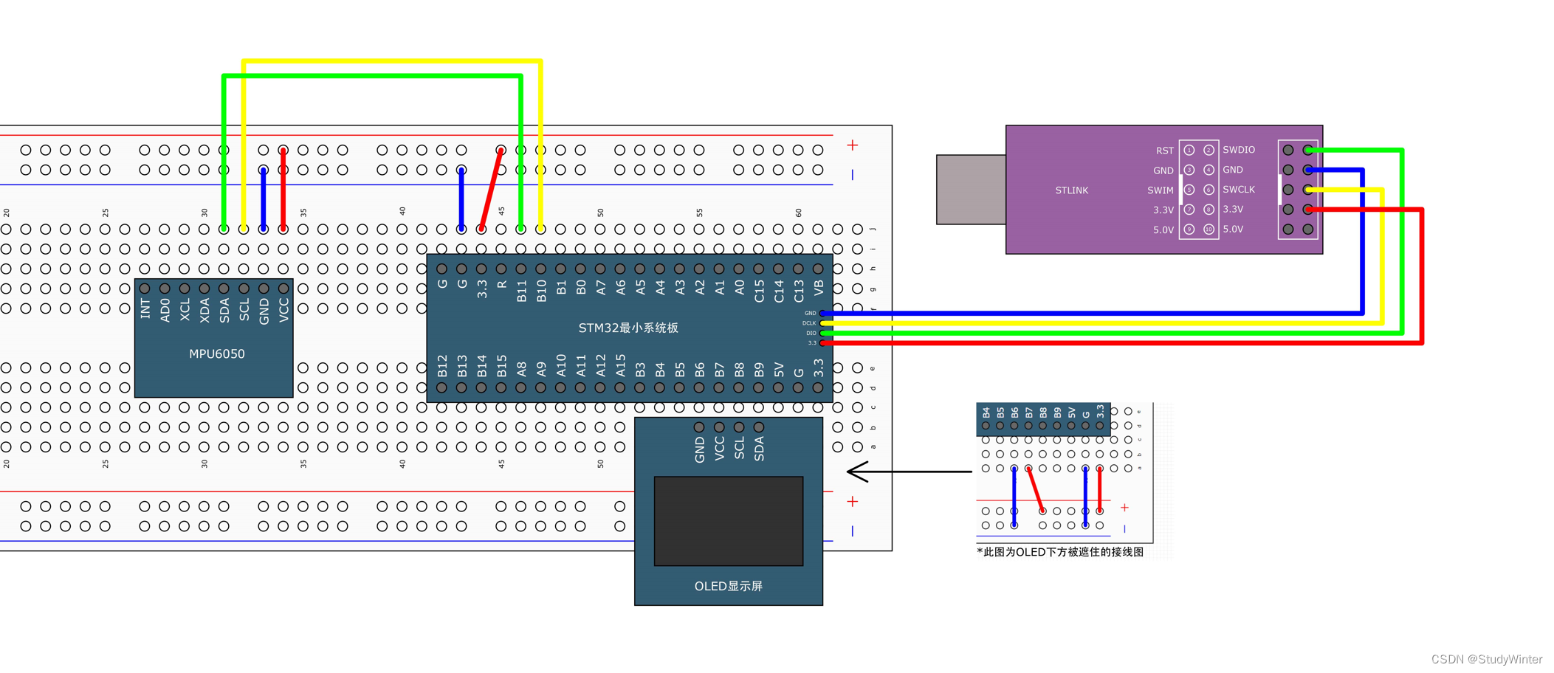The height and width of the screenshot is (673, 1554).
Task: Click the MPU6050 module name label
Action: tap(216, 354)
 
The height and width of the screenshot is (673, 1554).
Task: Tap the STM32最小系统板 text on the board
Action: tap(628, 328)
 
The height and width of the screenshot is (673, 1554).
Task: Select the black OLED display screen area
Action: tap(728, 521)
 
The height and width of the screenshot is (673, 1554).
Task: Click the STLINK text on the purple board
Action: tap(1071, 190)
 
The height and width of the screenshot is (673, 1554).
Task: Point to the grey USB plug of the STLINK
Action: tap(970, 190)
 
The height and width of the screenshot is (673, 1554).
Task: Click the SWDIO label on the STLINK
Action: tap(1238, 150)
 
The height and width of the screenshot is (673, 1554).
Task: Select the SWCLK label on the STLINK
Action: tap(1238, 190)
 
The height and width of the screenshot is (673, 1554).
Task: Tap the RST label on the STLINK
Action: tap(1164, 151)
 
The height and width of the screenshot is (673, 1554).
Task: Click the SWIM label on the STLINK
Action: tap(1160, 190)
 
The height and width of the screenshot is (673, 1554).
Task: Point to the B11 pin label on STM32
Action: tap(521, 291)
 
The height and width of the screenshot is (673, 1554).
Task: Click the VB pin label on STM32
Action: tap(818, 288)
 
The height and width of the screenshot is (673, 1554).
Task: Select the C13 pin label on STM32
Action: tap(798, 291)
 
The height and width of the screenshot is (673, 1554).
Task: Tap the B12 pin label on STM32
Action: tap(442, 366)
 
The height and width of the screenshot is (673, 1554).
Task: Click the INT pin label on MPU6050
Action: tap(145, 308)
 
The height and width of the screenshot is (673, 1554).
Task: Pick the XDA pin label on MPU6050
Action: tap(204, 309)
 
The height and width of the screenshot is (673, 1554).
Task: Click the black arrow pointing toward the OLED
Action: tap(908, 471)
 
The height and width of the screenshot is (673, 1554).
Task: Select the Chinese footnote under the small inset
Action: tap(1059, 552)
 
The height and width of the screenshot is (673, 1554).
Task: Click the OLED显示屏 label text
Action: tap(728, 586)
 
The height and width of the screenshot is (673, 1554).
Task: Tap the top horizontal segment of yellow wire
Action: tap(391, 61)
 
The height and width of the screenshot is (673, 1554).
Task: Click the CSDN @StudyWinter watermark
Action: tap(1486, 659)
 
